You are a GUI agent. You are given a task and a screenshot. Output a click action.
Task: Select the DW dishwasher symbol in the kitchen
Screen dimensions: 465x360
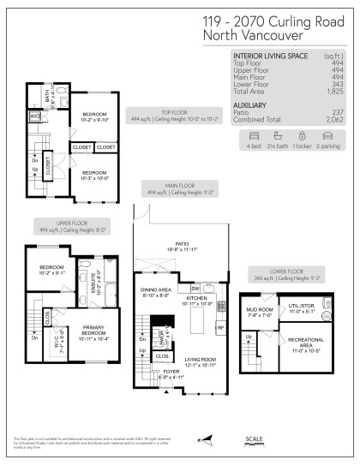click(x=195, y=288)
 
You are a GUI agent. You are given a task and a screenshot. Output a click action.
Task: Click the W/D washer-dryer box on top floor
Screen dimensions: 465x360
click(x=35, y=116)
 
